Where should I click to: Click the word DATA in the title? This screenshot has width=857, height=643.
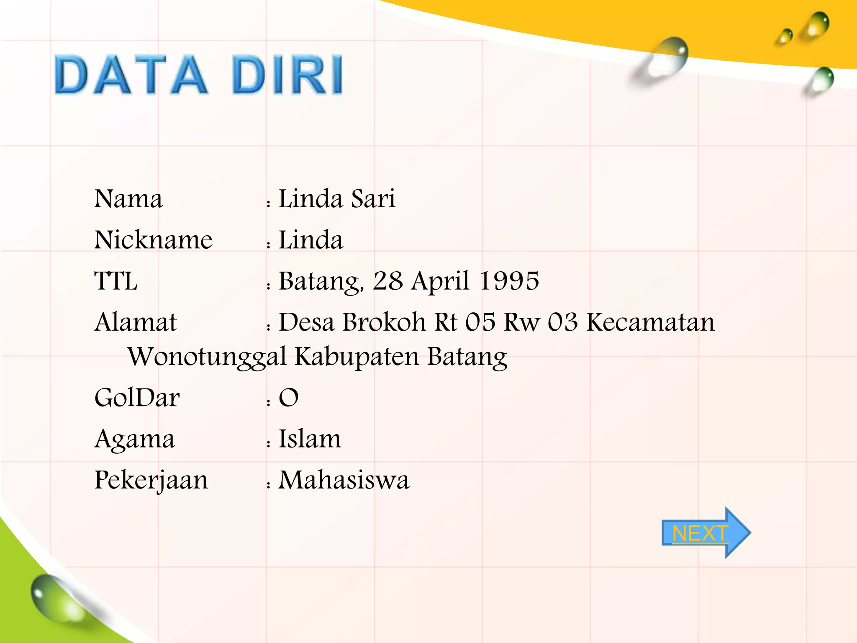(x=131, y=75)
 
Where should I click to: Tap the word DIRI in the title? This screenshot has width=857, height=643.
(x=287, y=75)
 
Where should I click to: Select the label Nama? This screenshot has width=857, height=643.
(x=128, y=199)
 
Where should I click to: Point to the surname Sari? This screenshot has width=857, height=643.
(x=373, y=199)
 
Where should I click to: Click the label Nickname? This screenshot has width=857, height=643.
(x=153, y=240)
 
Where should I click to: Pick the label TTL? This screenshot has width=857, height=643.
(x=116, y=281)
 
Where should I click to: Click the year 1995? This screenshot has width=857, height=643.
(x=509, y=281)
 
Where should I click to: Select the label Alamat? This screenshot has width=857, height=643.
(x=136, y=322)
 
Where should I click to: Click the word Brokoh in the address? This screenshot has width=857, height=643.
(x=384, y=322)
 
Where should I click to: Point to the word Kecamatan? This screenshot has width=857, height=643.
(x=650, y=322)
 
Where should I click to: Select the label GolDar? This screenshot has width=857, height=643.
(x=137, y=398)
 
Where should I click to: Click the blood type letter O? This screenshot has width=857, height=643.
(x=289, y=398)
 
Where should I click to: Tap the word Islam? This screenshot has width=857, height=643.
(x=310, y=439)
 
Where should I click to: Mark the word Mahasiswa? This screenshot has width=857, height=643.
(x=344, y=480)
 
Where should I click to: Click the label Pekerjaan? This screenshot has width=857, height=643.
(x=151, y=481)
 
